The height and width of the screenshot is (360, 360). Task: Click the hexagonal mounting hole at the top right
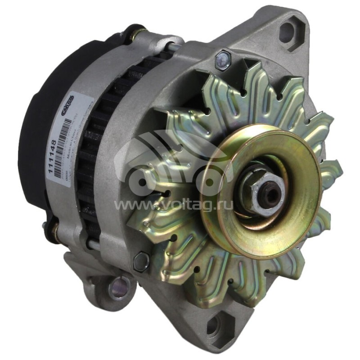point(287,31)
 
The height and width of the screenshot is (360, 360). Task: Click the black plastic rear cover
point(36,135)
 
